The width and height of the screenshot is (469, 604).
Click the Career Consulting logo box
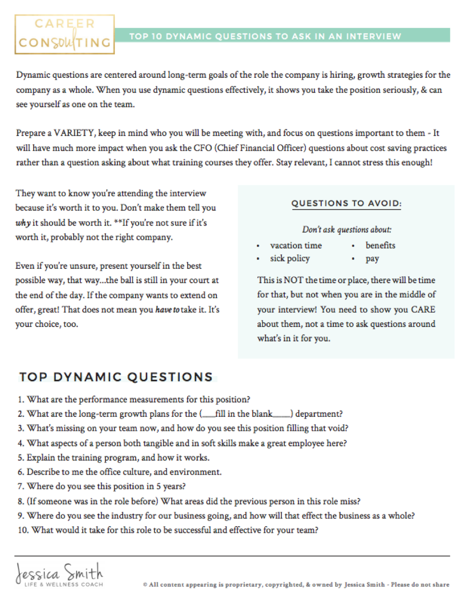pos(64,34)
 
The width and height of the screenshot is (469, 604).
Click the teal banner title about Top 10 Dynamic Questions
pos(265,36)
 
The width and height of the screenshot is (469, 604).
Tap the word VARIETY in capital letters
pos(74,133)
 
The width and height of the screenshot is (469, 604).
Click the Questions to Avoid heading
pos(346,203)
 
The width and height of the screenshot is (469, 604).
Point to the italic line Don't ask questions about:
pos(346,230)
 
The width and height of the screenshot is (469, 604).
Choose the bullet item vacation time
pos(296,246)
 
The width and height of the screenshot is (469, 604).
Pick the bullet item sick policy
pos(290,259)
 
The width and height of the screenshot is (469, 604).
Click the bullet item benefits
pos(380,246)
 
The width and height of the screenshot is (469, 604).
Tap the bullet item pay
pos(372,259)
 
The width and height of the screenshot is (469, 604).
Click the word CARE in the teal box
pos(423,309)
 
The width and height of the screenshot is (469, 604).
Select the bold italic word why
pos(23,223)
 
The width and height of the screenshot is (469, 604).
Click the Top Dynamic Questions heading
pos(116,377)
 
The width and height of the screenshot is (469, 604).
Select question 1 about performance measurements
pos(134,400)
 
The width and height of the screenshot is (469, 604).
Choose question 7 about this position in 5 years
pos(101,487)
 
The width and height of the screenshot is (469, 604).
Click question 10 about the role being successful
pos(168,530)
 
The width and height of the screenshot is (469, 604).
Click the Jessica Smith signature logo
pos(60,574)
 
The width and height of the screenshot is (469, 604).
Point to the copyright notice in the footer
pos(296,585)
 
